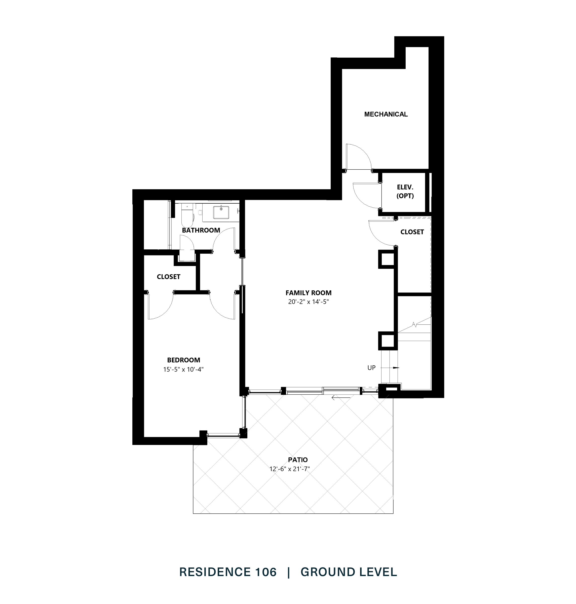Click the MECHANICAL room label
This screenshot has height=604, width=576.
(386, 114)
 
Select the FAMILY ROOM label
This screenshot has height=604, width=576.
(308, 293)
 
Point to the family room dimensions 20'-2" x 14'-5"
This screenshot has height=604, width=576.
(308, 301)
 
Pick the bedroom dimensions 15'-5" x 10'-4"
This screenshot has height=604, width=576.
(183, 369)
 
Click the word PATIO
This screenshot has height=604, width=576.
(297, 460)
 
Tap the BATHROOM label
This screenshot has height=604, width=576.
(201, 230)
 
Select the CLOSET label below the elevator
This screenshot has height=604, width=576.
(412, 232)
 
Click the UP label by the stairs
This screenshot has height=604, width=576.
(371, 368)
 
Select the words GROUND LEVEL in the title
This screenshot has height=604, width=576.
(349, 572)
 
